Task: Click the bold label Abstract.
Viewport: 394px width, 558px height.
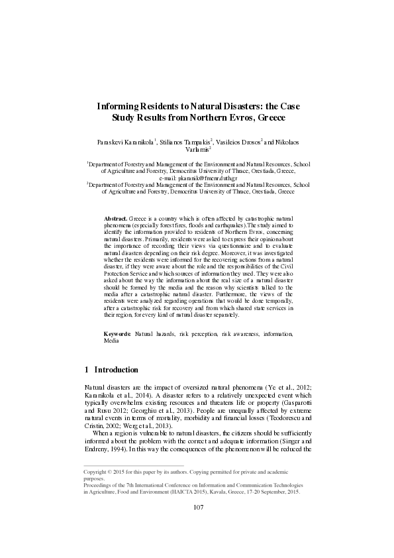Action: pos(116,217)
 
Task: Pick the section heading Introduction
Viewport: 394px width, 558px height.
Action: pos(116,369)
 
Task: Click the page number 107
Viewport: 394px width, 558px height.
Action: pos(197,507)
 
